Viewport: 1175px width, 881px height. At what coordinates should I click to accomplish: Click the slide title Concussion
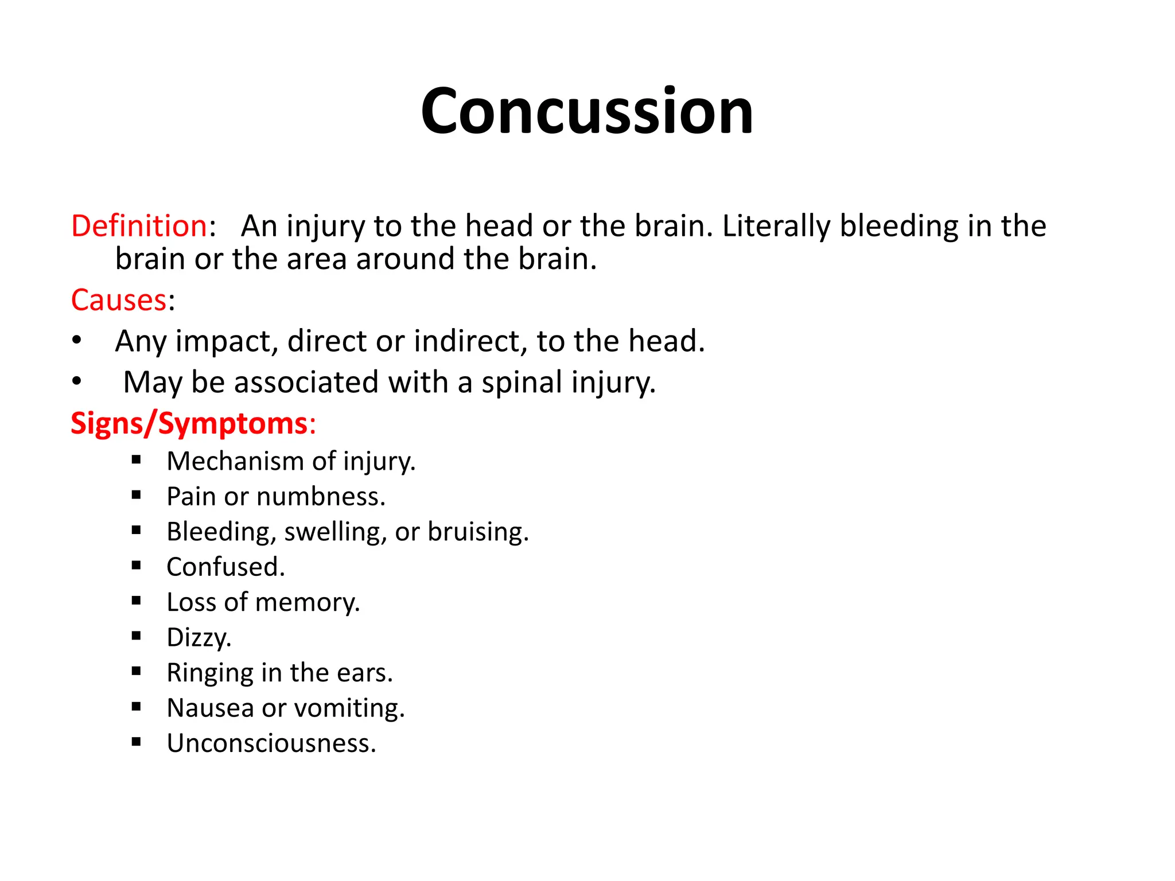[586, 111]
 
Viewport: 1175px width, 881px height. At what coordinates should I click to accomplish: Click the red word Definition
[138, 226]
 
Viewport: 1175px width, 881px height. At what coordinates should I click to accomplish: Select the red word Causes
[119, 300]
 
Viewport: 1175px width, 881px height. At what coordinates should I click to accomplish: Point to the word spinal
[522, 383]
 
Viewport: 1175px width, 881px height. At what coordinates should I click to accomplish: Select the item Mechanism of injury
[291, 462]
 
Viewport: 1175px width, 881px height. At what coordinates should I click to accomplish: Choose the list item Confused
[225, 567]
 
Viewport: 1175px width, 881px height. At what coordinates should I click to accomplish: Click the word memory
[307, 603]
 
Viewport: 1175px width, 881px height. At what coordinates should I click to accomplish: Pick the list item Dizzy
[199, 638]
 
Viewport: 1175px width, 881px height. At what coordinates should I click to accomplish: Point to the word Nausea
[210, 708]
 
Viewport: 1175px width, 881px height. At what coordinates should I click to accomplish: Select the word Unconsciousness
[271, 743]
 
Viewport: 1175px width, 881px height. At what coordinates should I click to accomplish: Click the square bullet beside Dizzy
[136, 636]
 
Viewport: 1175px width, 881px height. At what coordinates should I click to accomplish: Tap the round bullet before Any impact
[77, 341]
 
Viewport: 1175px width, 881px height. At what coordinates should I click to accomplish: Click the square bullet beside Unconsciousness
[136, 742]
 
